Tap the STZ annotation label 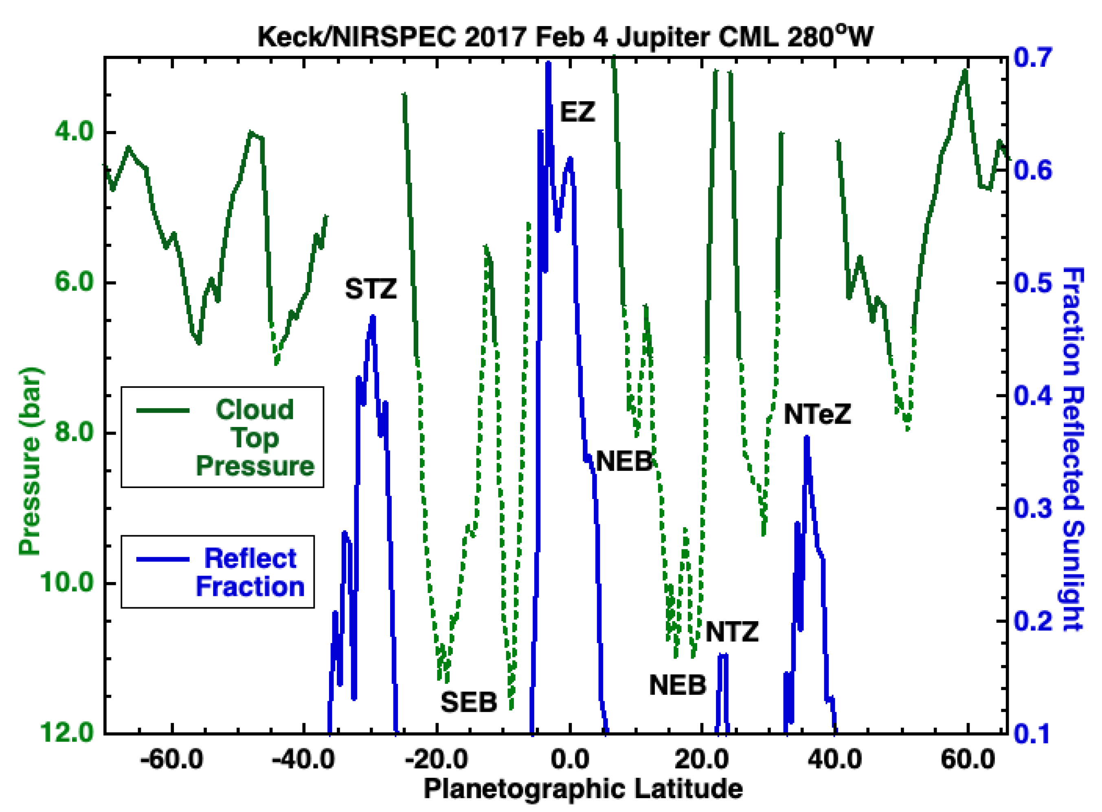click(370, 289)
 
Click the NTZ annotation click(732, 632)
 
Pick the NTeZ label click(817, 414)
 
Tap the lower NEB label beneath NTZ click(677, 685)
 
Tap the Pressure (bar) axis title click(31, 462)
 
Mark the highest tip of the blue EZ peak click(548, 63)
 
